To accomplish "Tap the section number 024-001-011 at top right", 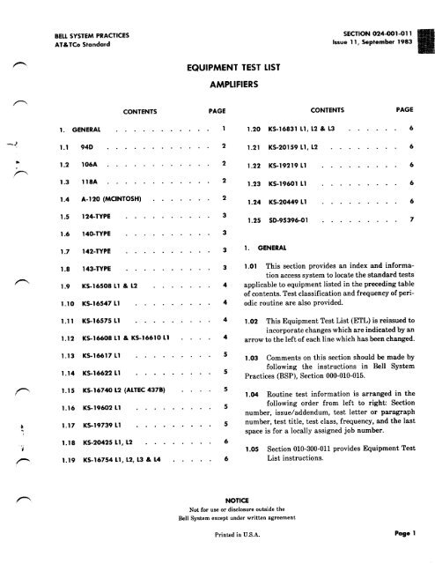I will coord(365,11).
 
